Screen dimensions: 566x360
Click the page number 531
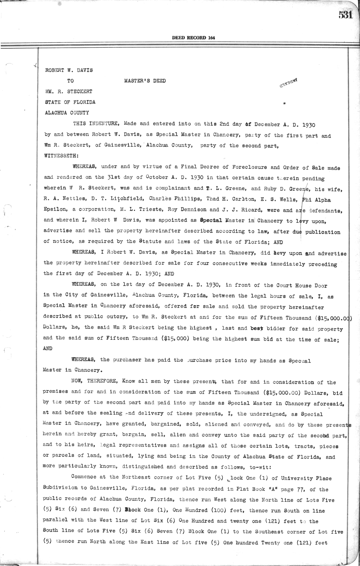tap(346, 15)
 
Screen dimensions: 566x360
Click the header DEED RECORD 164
tap(193, 38)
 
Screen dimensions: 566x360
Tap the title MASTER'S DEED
tap(145, 81)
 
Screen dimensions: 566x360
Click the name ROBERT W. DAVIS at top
tap(69, 70)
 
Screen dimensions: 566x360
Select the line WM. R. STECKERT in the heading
tap(68, 92)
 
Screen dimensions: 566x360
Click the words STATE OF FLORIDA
tap(70, 102)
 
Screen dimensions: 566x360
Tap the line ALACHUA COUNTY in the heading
tap(67, 113)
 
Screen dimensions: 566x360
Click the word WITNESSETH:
tap(58, 156)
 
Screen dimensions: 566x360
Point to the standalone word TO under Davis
tap(70, 81)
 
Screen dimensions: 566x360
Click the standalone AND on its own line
tap(48, 348)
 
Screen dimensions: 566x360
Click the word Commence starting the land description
tap(84, 477)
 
